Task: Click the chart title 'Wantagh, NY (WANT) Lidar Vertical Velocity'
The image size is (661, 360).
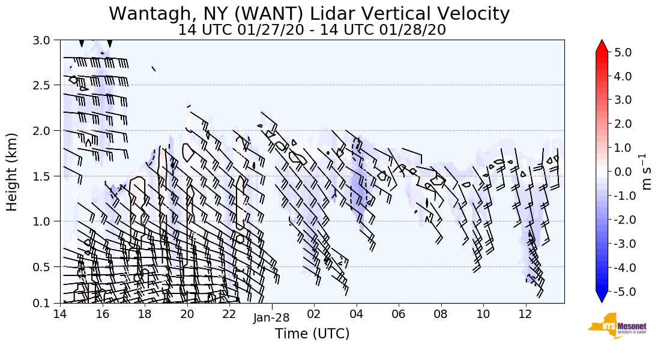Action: (x=309, y=13)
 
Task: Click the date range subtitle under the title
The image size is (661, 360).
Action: (x=312, y=29)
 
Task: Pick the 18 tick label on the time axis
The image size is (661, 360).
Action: (x=145, y=314)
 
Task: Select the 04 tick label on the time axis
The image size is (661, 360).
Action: (x=357, y=314)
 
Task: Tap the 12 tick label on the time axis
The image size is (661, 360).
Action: (x=525, y=314)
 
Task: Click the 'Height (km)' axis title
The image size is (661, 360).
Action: (x=12, y=172)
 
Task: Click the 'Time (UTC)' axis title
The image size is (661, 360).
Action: (x=312, y=333)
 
